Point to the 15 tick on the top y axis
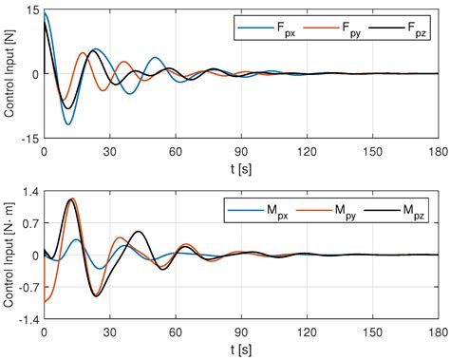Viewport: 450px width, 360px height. coord(31,9)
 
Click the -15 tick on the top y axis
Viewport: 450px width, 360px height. coord(28,138)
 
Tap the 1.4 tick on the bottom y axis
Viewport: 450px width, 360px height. coord(29,192)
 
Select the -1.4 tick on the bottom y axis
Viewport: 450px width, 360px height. coord(27,320)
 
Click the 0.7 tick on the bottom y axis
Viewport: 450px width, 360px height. coord(29,224)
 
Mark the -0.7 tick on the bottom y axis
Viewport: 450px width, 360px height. coord(27,288)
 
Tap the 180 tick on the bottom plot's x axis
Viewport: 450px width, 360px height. coord(437,332)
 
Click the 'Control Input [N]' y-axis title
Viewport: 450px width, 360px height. coord(10,74)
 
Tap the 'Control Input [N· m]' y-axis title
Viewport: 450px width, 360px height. coord(10,256)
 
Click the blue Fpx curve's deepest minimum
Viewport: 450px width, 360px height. coord(67,124)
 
